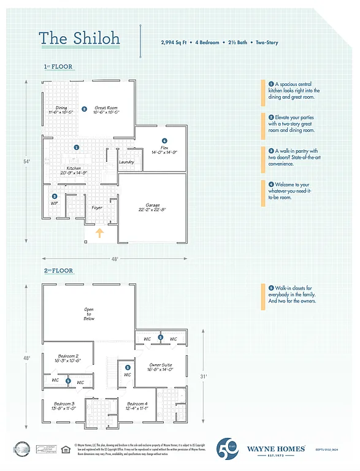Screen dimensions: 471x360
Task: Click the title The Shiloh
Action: coord(79,38)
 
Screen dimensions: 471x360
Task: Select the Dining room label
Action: coord(61,110)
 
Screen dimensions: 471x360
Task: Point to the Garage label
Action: coord(152,207)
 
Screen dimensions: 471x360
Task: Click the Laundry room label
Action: coord(126,162)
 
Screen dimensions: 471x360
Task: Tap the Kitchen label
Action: coord(74,170)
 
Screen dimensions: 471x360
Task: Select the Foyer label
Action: coord(97,208)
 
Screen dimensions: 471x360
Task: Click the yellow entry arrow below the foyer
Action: coord(100,232)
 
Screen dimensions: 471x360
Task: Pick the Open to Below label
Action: coord(89,314)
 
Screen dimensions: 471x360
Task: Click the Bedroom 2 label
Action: coord(68,358)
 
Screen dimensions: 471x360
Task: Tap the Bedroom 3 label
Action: coord(63,406)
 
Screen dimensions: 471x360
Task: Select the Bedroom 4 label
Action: coord(137,406)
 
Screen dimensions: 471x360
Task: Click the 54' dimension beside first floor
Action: coord(26,162)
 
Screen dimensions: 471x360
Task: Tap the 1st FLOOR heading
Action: coord(58,66)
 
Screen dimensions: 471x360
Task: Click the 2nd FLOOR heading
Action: coord(58,270)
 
